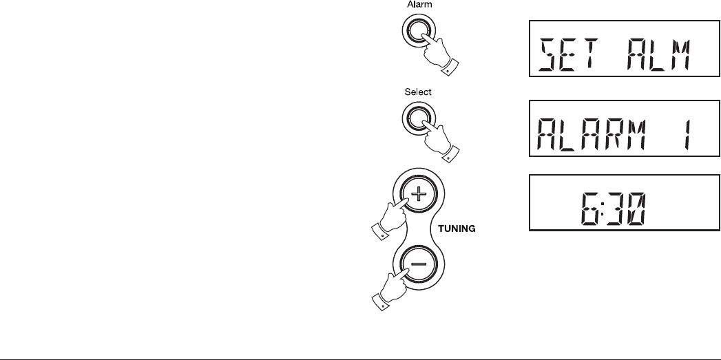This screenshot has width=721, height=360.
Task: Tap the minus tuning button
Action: [419, 264]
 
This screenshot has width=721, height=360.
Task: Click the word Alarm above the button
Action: [419, 5]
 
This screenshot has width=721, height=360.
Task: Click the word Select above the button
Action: [419, 91]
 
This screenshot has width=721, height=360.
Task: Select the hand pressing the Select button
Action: [438, 138]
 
